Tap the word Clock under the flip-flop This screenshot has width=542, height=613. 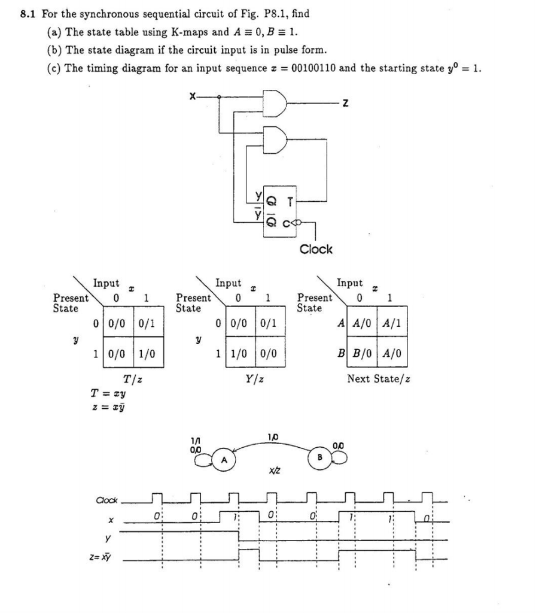(x=315, y=249)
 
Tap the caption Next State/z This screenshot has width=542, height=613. (x=378, y=379)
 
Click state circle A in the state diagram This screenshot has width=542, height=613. (x=224, y=461)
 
